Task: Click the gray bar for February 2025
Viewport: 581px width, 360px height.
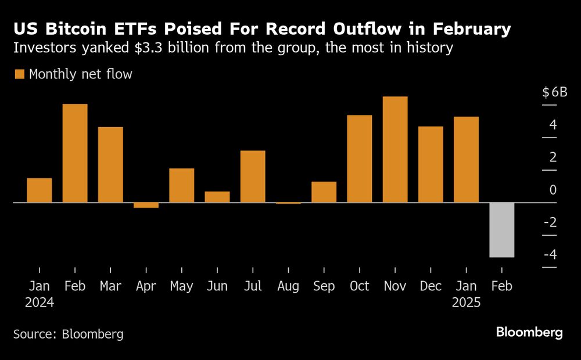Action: point(501,229)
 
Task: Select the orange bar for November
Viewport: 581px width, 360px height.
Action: point(395,149)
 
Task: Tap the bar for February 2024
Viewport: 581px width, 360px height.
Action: point(75,153)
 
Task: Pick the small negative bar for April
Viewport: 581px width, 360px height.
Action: point(146,205)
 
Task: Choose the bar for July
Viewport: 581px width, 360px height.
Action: point(253,177)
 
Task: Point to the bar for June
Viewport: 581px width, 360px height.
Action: point(217,197)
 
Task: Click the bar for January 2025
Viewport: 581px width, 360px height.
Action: point(466,160)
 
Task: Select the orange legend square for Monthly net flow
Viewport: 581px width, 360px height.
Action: point(20,74)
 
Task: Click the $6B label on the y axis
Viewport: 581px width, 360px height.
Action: point(554,92)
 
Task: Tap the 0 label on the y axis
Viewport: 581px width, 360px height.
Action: point(553,190)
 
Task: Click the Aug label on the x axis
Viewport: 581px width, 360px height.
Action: point(288,287)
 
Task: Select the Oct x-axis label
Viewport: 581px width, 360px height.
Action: point(359,287)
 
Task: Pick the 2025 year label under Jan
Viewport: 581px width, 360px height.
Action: point(466,303)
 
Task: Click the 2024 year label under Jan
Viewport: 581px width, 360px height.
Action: point(40,303)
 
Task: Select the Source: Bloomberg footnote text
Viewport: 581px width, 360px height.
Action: point(68,334)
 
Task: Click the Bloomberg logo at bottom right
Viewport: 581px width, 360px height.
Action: point(529,332)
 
